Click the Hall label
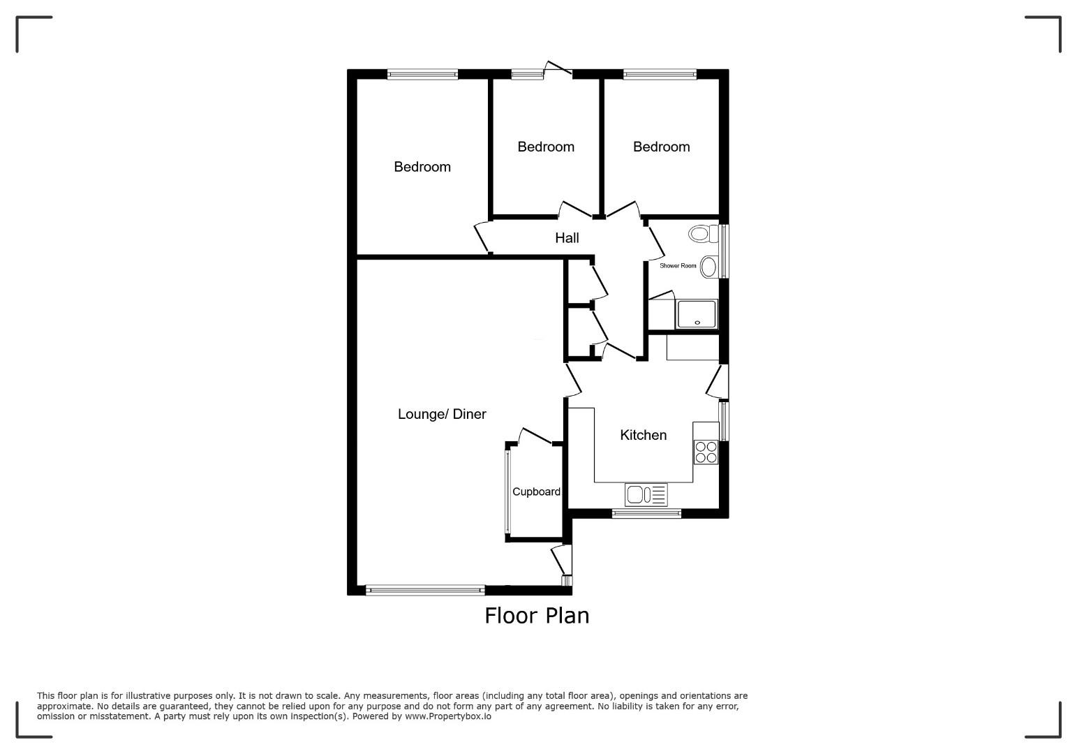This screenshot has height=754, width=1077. pyautogui.click(x=567, y=238)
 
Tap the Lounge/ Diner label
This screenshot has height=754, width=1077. pyautogui.click(x=442, y=414)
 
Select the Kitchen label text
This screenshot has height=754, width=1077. pyautogui.click(x=644, y=435)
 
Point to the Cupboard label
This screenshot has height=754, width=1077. pyautogui.click(x=536, y=491)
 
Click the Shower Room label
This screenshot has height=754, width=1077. pyautogui.click(x=678, y=265)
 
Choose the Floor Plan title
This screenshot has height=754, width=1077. pyautogui.click(x=537, y=616)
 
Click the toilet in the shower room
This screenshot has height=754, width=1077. pyautogui.click(x=704, y=234)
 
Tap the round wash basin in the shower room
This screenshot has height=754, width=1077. pyautogui.click(x=708, y=267)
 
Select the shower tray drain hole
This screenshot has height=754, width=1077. pyautogui.click(x=697, y=323)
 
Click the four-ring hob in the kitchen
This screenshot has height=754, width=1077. pyautogui.click(x=706, y=452)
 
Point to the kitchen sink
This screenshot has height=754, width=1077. pyautogui.click(x=646, y=494)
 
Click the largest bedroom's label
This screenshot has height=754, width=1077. pyautogui.click(x=422, y=167)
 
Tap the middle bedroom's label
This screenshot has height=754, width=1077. pyautogui.click(x=546, y=147)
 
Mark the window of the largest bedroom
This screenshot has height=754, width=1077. pyautogui.click(x=422, y=75)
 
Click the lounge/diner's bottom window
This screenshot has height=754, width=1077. pyautogui.click(x=426, y=590)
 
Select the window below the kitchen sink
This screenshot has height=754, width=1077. pyautogui.click(x=646, y=513)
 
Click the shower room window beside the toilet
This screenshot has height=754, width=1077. pyautogui.click(x=724, y=251)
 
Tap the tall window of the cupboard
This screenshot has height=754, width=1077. pyautogui.click(x=507, y=492)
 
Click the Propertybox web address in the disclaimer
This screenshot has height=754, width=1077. pyautogui.click(x=448, y=716)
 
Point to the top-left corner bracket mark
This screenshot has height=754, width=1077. pyautogui.click(x=18, y=18)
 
